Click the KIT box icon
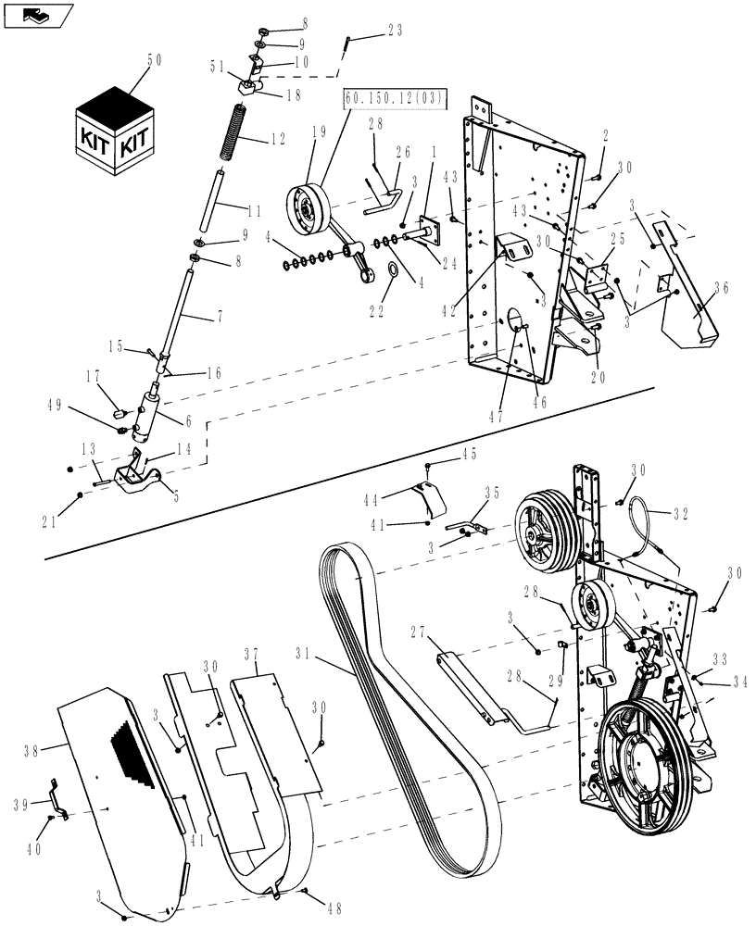point(115,131)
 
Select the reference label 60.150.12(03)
point(395,97)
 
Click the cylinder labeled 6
point(148,415)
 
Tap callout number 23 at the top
point(395,30)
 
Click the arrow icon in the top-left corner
point(35,14)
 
